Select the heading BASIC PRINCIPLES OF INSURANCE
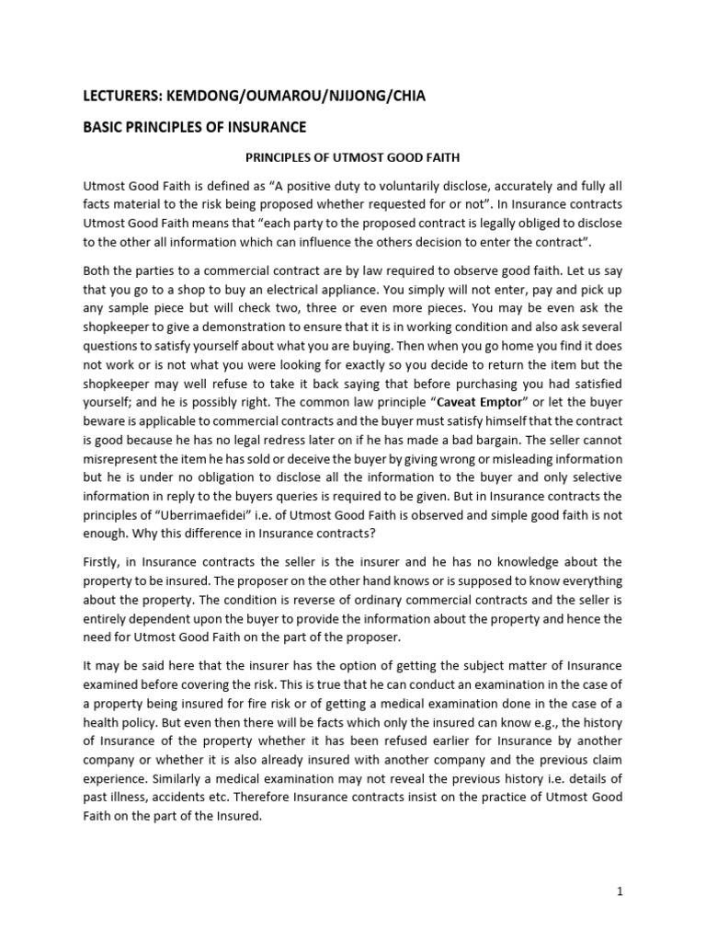194,126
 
